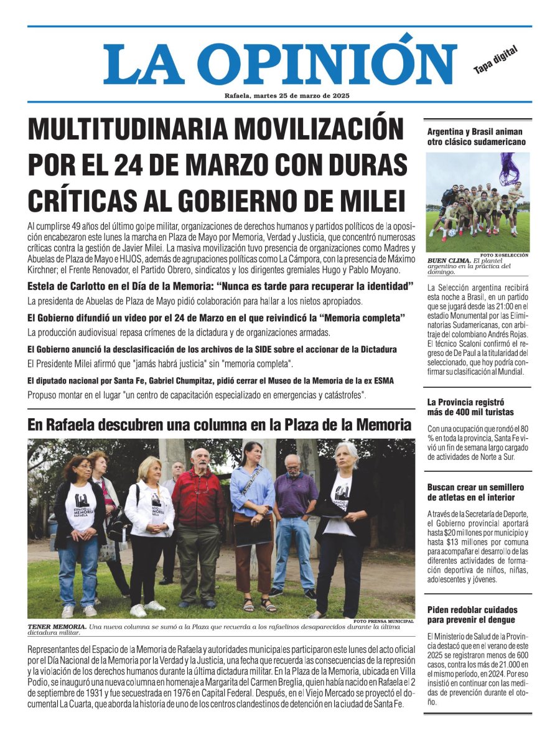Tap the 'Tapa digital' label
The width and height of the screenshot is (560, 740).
click(x=495, y=62)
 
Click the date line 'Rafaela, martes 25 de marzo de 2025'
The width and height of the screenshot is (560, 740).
click(x=287, y=95)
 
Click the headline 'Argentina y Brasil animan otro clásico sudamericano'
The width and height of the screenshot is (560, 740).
click(x=476, y=137)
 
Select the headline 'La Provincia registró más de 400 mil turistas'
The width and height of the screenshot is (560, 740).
click(x=470, y=407)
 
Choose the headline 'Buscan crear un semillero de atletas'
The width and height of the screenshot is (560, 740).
click(x=476, y=492)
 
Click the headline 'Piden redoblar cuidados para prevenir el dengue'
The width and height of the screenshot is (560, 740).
click(x=472, y=615)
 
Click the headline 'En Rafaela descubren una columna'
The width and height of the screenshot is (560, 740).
click(x=219, y=425)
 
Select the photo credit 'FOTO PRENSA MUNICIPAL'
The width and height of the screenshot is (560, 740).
click(x=383, y=621)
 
